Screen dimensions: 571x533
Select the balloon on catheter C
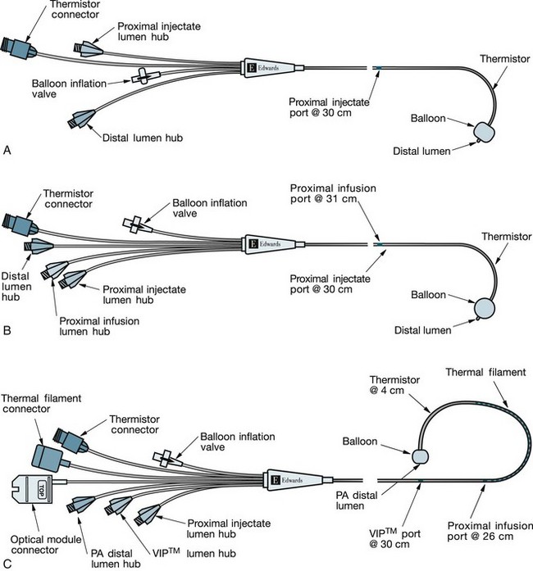click(x=421, y=455)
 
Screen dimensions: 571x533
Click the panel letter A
click(x=7, y=150)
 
